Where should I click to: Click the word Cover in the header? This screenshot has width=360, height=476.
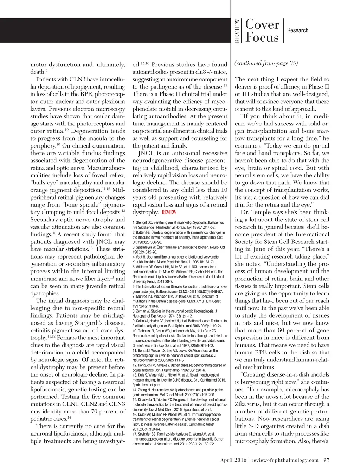[262, 24]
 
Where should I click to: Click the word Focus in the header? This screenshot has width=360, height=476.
[262, 37]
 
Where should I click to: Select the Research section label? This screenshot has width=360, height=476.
[297, 31]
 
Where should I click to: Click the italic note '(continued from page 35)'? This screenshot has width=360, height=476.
[266, 63]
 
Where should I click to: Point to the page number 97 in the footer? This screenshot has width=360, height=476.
[327, 460]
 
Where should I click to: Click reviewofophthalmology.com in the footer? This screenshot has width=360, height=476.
[285, 460]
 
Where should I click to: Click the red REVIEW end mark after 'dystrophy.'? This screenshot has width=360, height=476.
[169, 212]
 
